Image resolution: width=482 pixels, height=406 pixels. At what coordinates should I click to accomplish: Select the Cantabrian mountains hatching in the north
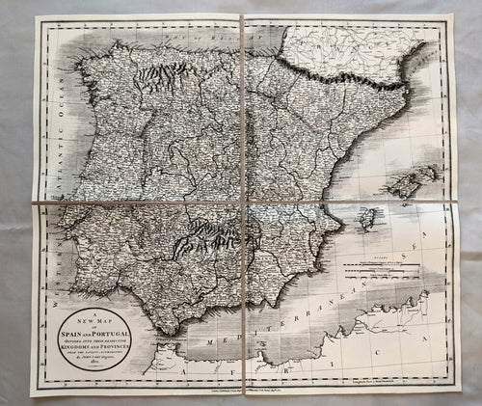click(x=159, y=73)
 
